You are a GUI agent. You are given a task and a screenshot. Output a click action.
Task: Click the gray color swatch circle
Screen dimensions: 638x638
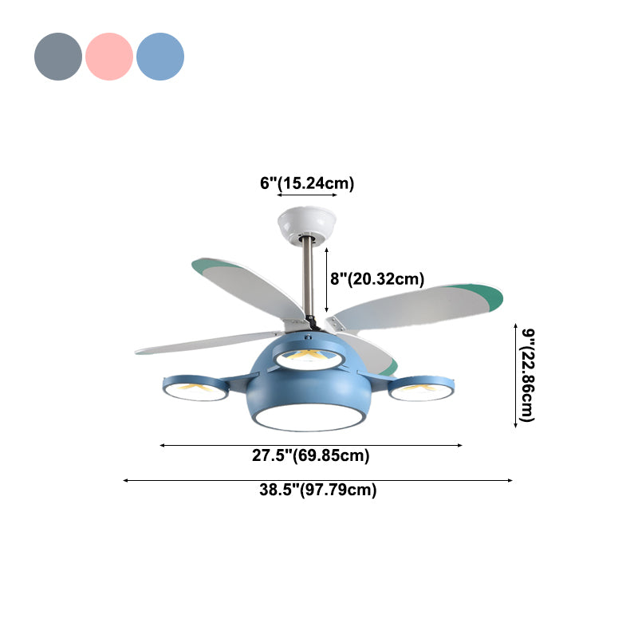pos(58,57)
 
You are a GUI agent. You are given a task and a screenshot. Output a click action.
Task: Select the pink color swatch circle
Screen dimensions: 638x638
pos(109,57)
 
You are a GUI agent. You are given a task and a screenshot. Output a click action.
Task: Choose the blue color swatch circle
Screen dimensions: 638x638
pos(160,57)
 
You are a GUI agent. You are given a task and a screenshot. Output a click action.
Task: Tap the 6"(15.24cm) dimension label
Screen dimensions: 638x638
pos(307,183)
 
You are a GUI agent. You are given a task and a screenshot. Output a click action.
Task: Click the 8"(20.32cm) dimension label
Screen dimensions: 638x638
pos(376,278)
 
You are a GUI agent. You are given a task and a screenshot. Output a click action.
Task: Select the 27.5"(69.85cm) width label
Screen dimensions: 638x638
pos(311,456)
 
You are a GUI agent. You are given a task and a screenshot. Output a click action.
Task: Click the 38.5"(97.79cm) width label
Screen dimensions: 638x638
pos(317,490)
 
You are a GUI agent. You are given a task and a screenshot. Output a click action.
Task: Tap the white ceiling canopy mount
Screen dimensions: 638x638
pos(306,223)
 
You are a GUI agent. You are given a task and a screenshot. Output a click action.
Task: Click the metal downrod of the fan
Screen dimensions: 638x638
pos(307,279)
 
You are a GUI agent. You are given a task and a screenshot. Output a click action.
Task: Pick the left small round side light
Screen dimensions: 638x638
pos(195,388)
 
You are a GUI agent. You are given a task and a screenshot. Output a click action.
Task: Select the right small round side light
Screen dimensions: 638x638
pos(421,388)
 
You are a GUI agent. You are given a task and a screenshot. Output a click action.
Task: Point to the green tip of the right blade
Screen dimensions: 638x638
pos(488,297)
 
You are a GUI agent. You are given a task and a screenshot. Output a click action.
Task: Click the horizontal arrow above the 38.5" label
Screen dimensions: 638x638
pos(317,480)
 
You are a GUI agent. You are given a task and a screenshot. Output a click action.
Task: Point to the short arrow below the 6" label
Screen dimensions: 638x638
pos(307,195)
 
